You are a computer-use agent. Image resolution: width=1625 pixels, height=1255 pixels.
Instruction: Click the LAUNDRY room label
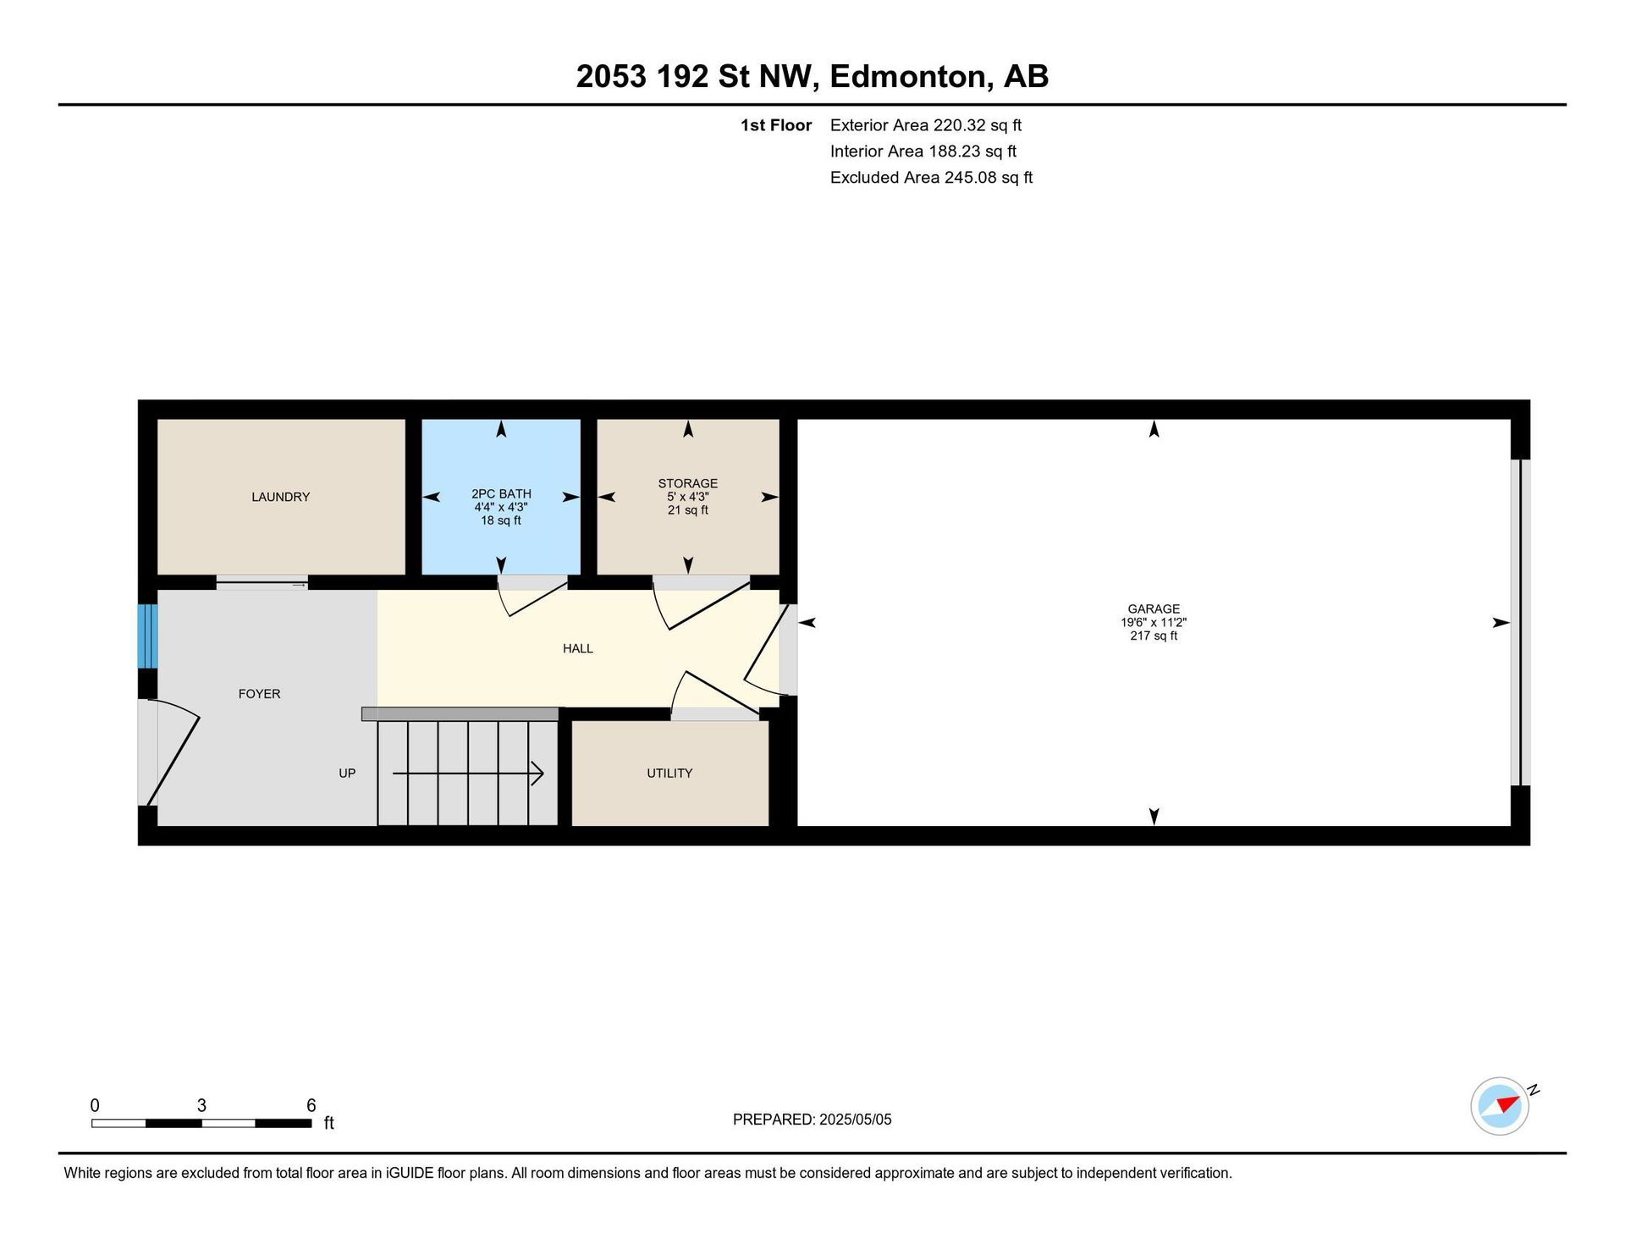(280, 497)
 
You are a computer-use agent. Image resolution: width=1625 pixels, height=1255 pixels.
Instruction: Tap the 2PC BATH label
(501, 493)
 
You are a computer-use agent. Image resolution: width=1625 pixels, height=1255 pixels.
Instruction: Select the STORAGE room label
(688, 483)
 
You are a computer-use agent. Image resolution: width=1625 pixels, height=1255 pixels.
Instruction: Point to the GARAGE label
(1154, 608)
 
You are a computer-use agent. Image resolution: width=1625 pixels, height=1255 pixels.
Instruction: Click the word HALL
(578, 648)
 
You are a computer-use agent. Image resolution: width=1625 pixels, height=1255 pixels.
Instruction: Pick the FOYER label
(259, 693)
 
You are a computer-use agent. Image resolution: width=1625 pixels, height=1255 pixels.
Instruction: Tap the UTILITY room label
(669, 773)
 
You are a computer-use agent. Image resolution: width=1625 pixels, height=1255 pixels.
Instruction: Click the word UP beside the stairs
(347, 773)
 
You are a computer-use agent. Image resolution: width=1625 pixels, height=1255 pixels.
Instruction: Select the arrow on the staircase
(468, 773)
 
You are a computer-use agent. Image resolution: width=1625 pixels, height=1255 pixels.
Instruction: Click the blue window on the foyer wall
(148, 636)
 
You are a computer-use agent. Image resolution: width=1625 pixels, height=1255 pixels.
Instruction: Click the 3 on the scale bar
(201, 1105)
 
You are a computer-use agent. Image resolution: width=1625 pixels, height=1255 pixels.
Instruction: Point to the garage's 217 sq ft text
(1154, 636)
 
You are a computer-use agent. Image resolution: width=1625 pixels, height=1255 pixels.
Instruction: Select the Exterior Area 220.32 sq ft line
(926, 125)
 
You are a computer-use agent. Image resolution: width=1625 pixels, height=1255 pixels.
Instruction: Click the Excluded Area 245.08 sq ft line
(931, 178)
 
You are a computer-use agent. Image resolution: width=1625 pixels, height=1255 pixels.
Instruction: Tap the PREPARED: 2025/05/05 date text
(812, 1120)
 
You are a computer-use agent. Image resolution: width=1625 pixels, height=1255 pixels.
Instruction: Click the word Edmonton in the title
(910, 76)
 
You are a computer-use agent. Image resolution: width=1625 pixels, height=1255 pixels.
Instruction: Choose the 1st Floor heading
(776, 125)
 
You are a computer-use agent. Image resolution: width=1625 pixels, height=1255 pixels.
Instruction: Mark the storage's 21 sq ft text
(688, 510)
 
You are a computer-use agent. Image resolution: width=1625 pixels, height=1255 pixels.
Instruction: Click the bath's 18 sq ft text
(501, 520)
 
